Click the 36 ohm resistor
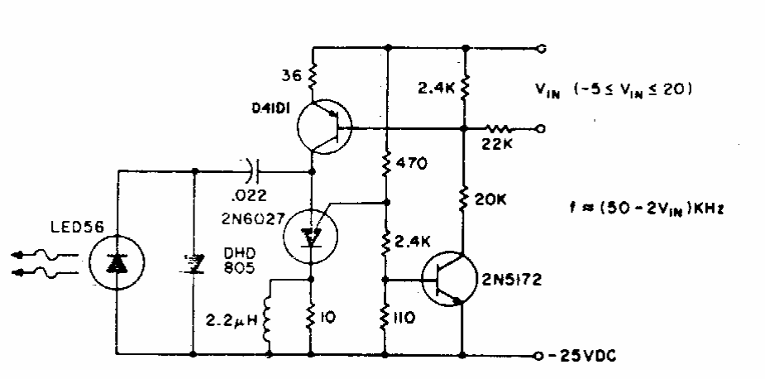[312, 77]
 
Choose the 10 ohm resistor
[312, 318]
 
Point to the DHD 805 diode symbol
[195, 264]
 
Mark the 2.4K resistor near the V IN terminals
[464, 86]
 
